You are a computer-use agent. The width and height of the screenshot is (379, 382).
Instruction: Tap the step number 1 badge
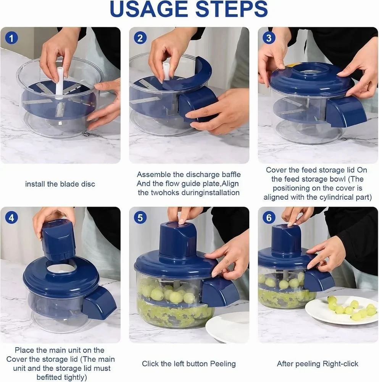12,38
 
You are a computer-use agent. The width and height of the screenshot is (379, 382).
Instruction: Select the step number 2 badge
140,38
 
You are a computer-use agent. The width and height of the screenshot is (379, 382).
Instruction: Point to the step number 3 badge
269,38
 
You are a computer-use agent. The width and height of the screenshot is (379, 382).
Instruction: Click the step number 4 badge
12,218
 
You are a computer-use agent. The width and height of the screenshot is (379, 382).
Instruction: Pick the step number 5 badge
140,218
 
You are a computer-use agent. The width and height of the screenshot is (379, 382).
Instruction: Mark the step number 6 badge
269,218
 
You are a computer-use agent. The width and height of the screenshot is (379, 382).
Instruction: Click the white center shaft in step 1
60,82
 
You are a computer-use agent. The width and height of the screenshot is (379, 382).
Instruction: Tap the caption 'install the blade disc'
60,184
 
